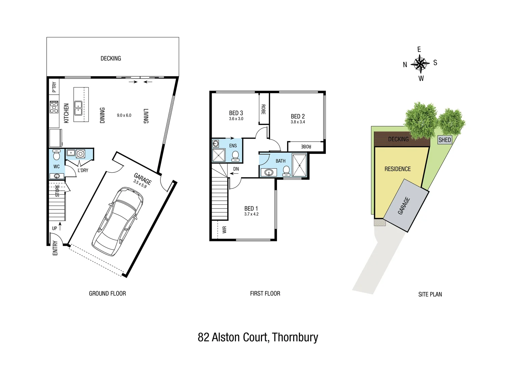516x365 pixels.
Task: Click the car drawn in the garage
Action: [117, 222]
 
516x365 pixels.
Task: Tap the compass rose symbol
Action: [420, 64]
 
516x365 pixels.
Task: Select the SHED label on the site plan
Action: [444, 140]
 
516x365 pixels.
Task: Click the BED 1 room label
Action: [251, 209]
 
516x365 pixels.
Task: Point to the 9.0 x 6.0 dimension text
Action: [124, 115]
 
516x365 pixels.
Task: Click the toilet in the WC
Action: [56, 155]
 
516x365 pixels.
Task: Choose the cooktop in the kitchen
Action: [54, 107]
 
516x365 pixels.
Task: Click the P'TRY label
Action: [54, 87]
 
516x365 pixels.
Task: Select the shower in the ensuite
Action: [218, 155]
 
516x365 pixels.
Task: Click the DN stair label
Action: [236, 169]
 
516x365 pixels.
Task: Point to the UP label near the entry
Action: [54, 228]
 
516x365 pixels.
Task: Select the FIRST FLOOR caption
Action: [265, 293]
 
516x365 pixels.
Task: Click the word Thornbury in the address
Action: [295, 337]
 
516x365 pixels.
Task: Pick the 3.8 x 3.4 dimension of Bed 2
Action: [298, 122]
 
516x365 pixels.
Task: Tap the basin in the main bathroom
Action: [269, 173]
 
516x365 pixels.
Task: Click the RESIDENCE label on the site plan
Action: [397, 169]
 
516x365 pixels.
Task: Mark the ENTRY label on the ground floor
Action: [55, 248]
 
